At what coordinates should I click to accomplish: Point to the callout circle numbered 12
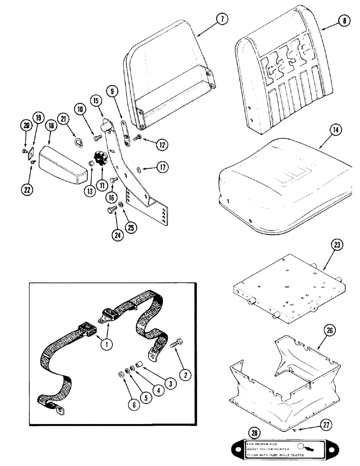point(161,145)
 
